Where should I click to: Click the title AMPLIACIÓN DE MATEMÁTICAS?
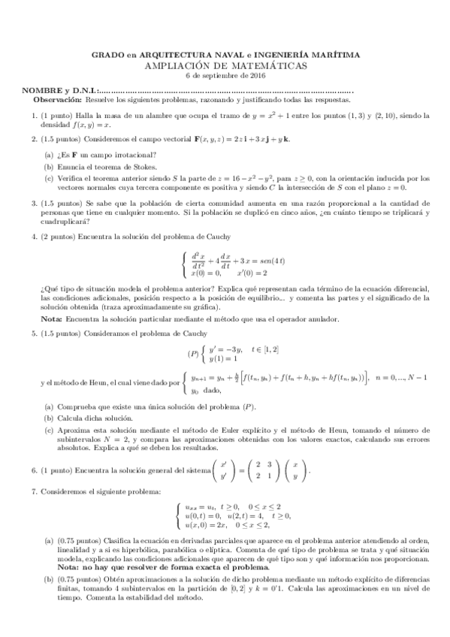click(225, 65)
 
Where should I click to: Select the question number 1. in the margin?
click(35, 115)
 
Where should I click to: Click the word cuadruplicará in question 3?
click(65, 222)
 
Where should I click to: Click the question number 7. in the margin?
click(35, 491)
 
